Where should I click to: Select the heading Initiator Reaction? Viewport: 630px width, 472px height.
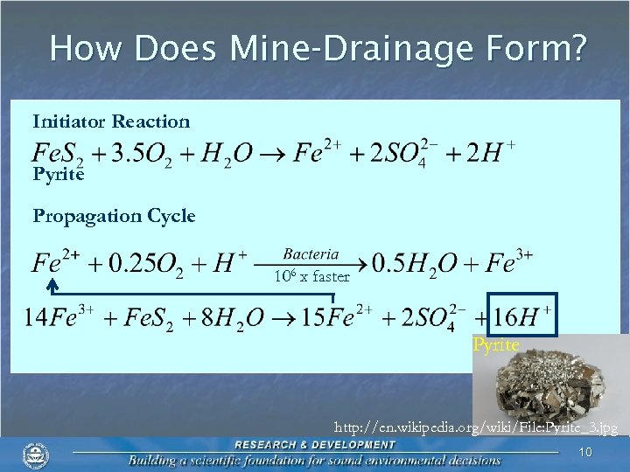tap(111, 121)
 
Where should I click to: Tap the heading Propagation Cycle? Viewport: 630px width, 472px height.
tap(114, 216)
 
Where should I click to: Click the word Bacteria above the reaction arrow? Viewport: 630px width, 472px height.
tap(311, 254)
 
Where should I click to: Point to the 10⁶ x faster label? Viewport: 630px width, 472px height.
tap(311, 277)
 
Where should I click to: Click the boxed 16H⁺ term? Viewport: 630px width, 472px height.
tap(522, 316)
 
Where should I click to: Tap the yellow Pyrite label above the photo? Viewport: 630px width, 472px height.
tap(496, 345)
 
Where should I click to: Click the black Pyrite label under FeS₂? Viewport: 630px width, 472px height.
tap(59, 175)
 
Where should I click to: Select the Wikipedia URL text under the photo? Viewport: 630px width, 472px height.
tap(477, 428)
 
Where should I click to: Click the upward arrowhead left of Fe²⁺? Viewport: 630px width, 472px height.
tap(52, 283)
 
